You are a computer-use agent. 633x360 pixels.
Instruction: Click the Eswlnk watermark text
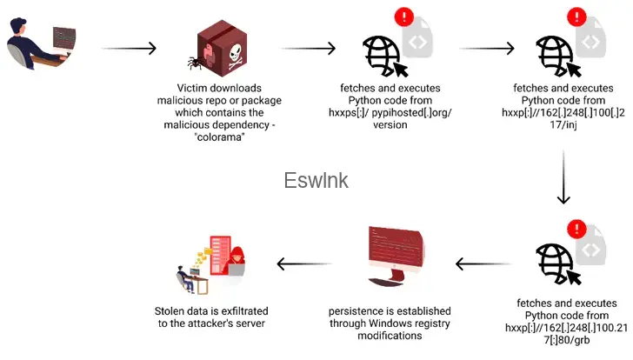tap(316, 180)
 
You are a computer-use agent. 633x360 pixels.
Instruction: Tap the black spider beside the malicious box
tap(194, 63)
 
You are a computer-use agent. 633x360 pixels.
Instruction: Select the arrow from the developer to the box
tap(129, 48)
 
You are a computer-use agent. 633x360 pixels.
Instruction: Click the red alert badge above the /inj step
tap(576, 17)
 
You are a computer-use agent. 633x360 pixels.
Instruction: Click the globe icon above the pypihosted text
tap(383, 55)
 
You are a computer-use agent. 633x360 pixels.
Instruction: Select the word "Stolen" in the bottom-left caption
tap(171, 311)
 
